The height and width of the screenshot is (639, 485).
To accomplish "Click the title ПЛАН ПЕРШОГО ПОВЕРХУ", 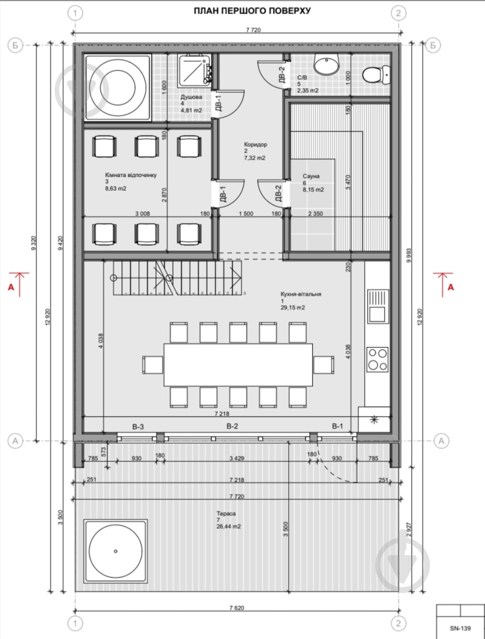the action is [252, 11].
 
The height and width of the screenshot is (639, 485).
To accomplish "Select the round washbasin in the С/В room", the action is [326, 65].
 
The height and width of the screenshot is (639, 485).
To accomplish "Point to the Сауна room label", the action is [311, 176].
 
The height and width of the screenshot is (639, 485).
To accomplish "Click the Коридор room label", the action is [256, 145].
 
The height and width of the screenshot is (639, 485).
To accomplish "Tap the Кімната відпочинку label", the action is [131, 175].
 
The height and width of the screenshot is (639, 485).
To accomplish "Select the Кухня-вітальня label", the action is [301, 294].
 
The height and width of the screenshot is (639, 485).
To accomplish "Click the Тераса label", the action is [226, 514].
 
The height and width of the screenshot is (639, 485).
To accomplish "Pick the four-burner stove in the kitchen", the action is [377, 359].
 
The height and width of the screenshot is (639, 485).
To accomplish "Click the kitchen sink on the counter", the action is [378, 306].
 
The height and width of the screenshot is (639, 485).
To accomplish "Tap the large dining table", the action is [238, 365].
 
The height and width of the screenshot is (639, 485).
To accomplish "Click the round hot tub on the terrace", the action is [116, 551].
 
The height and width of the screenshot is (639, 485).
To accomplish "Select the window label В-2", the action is [232, 427].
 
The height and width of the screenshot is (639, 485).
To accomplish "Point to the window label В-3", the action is [138, 427].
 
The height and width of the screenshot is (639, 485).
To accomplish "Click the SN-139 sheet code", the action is [460, 628].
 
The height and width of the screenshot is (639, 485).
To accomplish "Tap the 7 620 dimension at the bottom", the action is [237, 608].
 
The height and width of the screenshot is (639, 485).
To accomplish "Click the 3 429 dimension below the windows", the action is [236, 458].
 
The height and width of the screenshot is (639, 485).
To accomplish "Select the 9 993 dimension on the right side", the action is [409, 255].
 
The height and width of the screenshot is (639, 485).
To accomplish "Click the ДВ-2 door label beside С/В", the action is [281, 75].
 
